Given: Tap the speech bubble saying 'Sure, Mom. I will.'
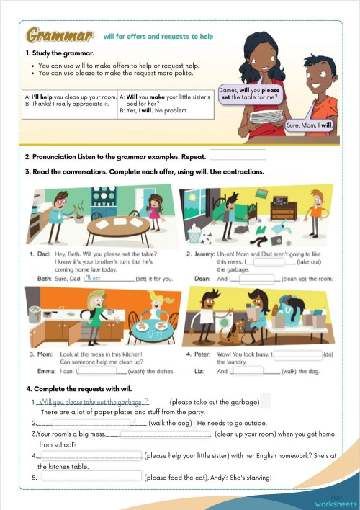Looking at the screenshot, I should pos(310,125).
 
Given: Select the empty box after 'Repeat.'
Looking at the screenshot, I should pos(237,155).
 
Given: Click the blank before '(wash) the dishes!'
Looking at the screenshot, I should pos(101,371).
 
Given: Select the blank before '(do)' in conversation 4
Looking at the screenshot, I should pos(297,354).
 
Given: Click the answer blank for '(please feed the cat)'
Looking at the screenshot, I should pos(91,477).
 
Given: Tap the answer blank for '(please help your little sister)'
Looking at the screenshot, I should pos(91,456).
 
